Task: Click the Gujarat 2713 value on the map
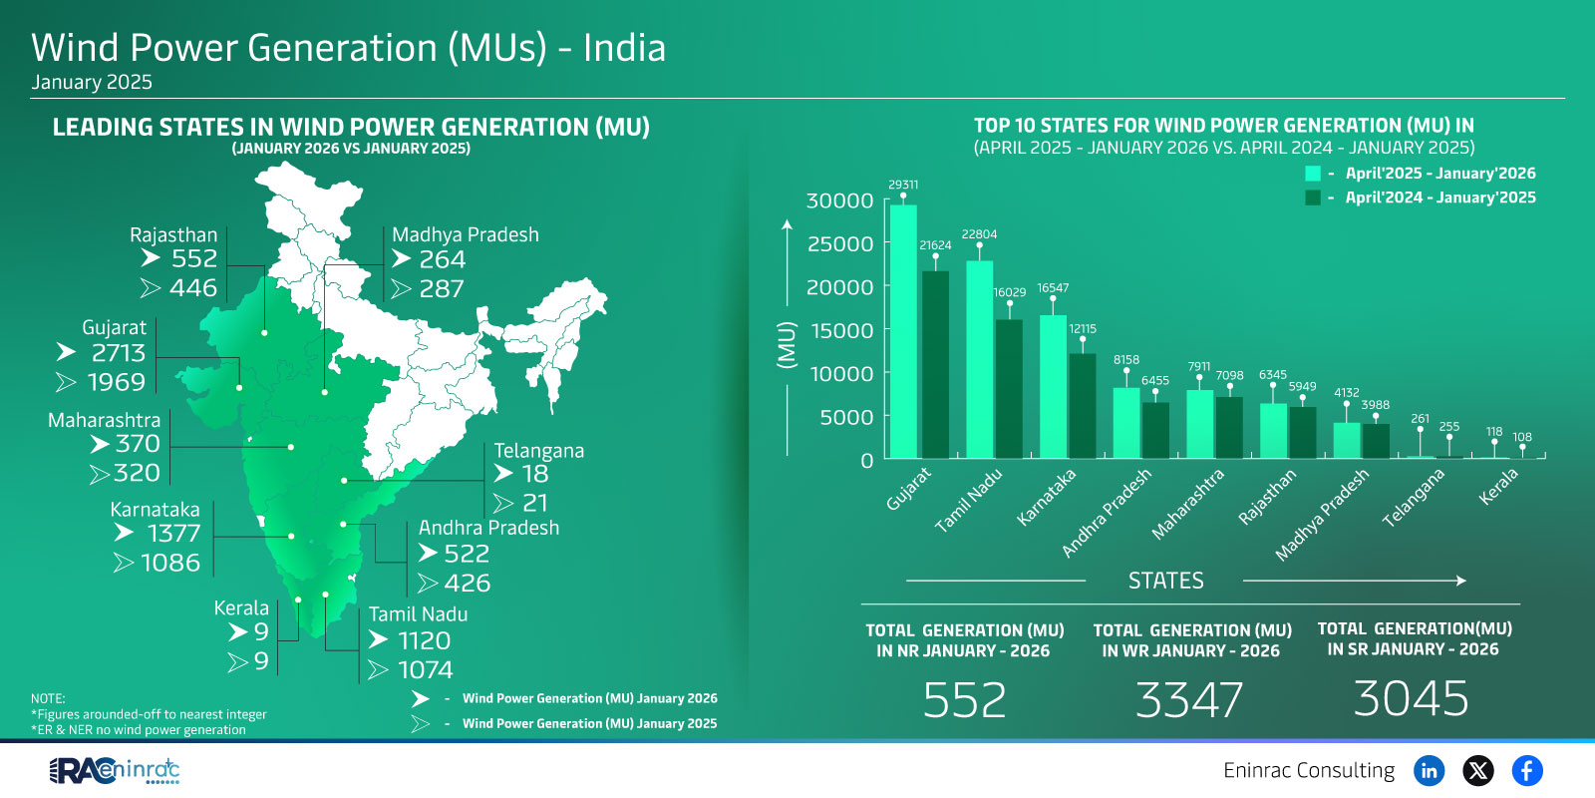tap(118, 353)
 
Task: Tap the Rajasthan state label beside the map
tap(173, 235)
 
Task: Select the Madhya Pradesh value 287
tap(442, 289)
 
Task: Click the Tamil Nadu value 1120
tap(424, 640)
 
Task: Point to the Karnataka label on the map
tap(155, 510)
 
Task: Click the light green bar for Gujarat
tap(903, 331)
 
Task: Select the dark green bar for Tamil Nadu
tap(1009, 388)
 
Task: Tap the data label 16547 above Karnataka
tap(1053, 288)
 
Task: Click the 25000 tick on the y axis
tap(839, 244)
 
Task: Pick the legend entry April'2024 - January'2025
tap(1439, 198)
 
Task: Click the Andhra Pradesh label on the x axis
tap(1107, 513)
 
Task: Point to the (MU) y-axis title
tap(787, 345)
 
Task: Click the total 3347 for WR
tap(1189, 700)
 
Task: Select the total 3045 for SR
tap(1411, 698)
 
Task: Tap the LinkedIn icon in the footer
tap(1429, 770)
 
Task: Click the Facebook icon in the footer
tap(1526, 770)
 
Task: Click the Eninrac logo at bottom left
tap(115, 770)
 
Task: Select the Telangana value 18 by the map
tap(535, 474)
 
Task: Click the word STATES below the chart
tap(1165, 581)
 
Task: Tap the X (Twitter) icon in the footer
tap(1477, 770)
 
